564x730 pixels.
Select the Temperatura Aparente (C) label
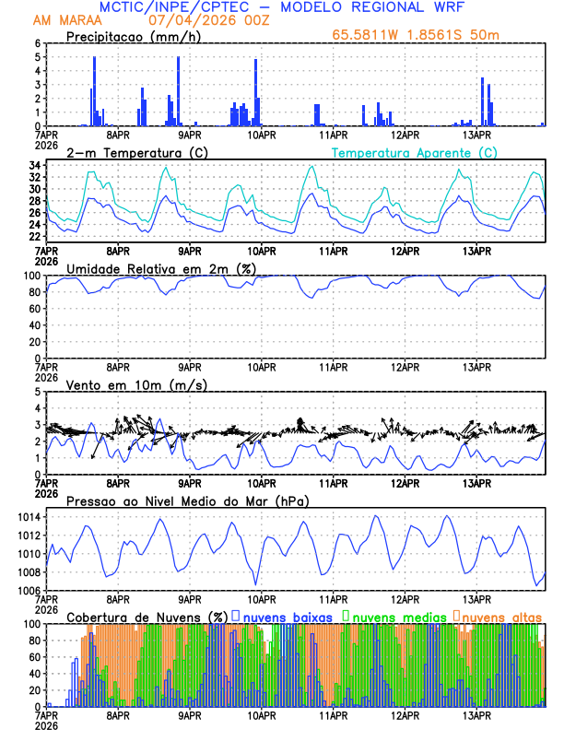pyautogui.click(x=414, y=152)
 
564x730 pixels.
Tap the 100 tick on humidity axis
pyautogui.click(x=31, y=276)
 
